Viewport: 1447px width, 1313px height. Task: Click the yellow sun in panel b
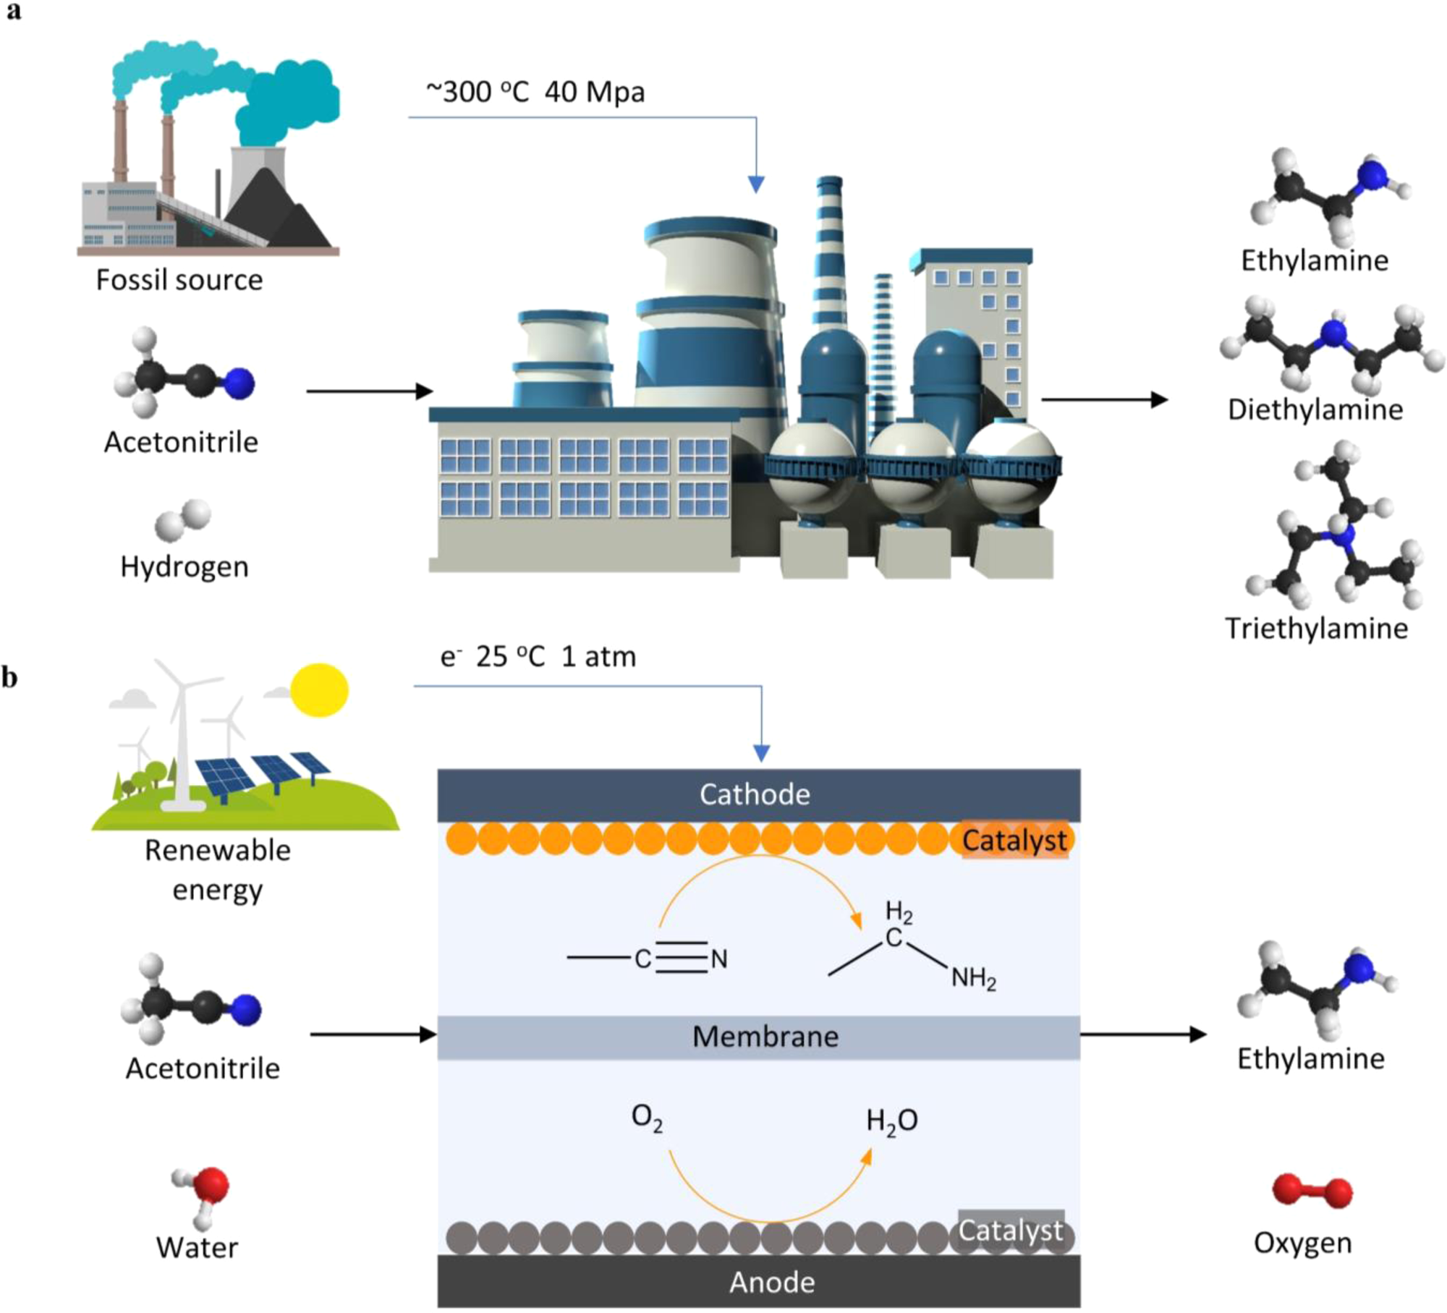click(319, 689)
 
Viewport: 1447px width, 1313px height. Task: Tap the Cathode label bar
click(758, 794)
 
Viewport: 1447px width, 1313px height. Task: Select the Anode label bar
click(758, 1282)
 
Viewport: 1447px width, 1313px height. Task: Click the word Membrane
click(765, 1037)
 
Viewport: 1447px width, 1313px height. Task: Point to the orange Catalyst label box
click(1014, 840)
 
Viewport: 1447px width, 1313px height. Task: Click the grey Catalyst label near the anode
click(1011, 1230)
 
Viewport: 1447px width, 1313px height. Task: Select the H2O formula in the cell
click(891, 1121)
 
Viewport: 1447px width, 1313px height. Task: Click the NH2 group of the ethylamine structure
click(973, 980)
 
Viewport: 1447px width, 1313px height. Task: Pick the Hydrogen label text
click(184, 566)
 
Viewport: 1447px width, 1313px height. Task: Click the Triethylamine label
click(1316, 628)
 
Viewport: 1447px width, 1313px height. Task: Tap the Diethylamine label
click(1315, 409)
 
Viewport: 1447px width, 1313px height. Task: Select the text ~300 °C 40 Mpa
click(535, 93)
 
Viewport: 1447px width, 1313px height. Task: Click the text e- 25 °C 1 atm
click(538, 657)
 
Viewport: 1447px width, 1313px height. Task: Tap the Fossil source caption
click(179, 280)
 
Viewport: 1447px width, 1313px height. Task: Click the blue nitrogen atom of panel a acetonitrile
click(239, 383)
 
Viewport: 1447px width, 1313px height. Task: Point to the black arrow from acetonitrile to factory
click(369, 391)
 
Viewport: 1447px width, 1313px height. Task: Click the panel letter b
click(9, 678)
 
